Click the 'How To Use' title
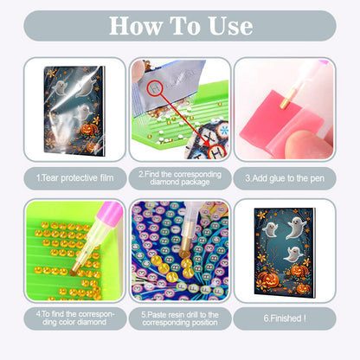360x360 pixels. (x=180, y=26)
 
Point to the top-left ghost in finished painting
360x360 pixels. (x=270, y=230)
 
